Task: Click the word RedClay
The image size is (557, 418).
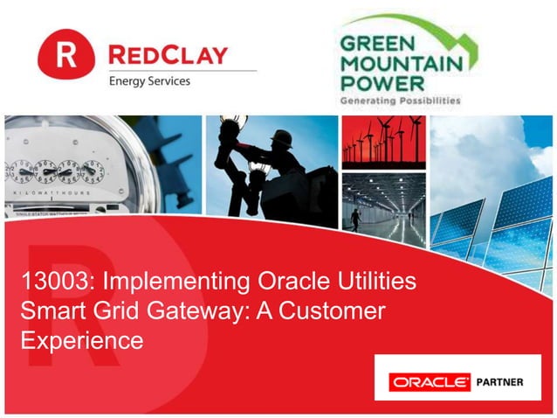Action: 167,55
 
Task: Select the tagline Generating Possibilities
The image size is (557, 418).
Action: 398,101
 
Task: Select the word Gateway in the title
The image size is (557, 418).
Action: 196,312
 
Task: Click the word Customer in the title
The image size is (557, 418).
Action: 337,312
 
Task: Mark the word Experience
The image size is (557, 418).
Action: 81,341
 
